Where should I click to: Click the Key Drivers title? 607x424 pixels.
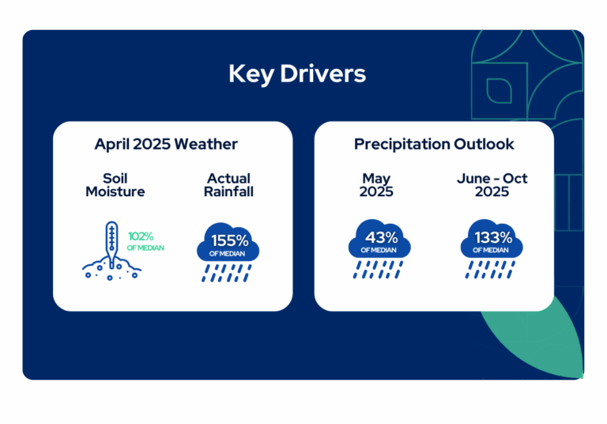[297, 74]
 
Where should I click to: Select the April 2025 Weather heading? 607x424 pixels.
[166, 144]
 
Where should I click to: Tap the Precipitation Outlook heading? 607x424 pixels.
[434, 144]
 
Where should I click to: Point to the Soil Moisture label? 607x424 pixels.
[115, 185]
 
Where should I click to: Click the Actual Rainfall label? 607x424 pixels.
[228, 185]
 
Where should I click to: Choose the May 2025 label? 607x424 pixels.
[376, 185]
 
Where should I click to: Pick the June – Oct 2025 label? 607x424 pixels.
[492, 185]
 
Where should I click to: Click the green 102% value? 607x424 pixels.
[141, 236]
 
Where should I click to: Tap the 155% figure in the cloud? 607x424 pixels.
[229, 240]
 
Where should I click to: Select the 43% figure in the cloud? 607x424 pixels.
[381, 237]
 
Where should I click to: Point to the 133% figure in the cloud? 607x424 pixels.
[493, 237]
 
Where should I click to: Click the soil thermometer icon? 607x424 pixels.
[111, 251]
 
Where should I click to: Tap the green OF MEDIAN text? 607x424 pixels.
[145, 248]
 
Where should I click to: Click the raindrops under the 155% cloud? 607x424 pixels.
[227, 273]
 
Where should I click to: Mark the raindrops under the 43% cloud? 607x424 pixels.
[378, 270]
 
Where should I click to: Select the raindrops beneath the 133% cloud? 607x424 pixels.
[490, 270]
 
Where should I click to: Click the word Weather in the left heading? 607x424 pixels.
[206, 144]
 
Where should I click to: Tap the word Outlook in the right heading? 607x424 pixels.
[484, 144]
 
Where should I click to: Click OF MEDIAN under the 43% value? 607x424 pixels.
[379, 251]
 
